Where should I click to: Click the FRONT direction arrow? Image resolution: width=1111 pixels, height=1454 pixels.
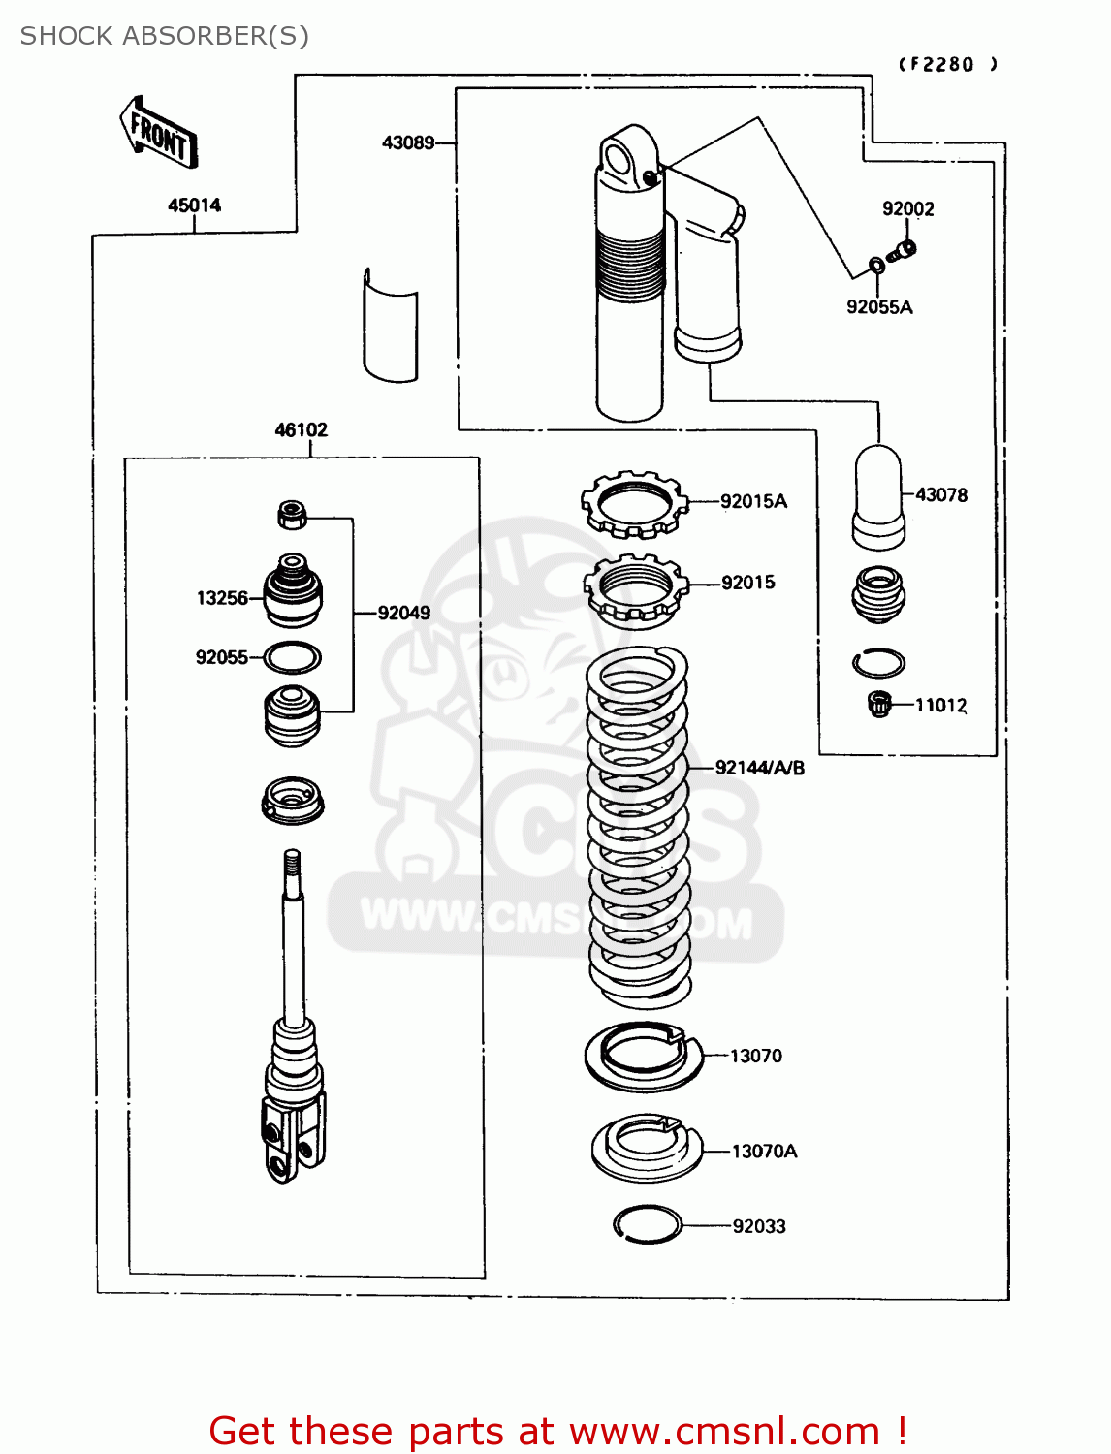pos(159,134)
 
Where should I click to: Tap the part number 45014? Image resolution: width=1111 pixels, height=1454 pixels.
pos(194,205)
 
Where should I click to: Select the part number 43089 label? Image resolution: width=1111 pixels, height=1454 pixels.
pos(408,142)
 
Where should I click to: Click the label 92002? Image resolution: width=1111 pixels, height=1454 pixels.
pos(907,208)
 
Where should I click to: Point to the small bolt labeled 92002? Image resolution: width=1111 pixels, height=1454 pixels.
pos(903,251)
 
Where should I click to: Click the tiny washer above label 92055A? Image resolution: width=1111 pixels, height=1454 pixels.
pos(875,263)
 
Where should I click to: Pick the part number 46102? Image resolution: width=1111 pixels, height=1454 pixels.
pos(301,429)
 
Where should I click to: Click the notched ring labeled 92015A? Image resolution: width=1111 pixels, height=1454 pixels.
pos(634,504)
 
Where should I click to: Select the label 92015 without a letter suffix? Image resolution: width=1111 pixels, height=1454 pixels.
pos(747,583)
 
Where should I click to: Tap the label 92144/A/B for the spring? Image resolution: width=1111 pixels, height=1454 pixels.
pos(759,768)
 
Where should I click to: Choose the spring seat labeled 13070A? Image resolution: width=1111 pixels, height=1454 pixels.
pos(646,1149)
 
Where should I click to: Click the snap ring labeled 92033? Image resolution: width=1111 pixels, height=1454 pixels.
pos(648,1224)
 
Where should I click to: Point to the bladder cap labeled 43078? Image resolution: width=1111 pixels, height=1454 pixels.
pos(879,497)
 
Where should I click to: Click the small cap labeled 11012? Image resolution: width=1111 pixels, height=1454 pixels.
pos(879,704)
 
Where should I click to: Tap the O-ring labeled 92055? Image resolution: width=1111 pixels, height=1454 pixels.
pos(292,657)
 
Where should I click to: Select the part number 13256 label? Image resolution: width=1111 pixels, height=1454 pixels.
pos(222,598)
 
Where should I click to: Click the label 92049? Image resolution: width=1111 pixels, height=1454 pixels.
pos(403,613)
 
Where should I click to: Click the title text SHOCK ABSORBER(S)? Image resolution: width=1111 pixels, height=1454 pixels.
pos(164,36)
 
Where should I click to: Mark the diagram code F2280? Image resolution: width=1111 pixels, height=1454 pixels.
pos(947,65)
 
